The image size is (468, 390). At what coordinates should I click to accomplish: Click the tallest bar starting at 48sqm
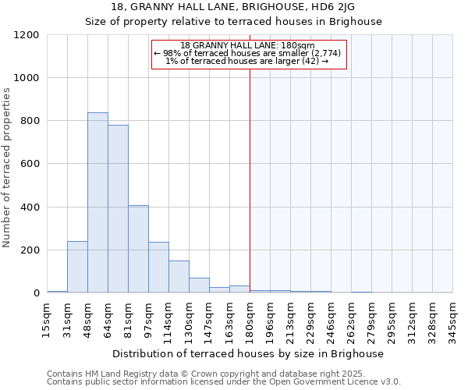click(x=97, y=203)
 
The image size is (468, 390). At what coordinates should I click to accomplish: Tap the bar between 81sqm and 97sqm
click(x=138, y=249)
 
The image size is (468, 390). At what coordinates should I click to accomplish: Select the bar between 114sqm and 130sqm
click(x=179, y=277)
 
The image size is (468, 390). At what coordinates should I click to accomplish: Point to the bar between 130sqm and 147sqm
click(x=199, y=285)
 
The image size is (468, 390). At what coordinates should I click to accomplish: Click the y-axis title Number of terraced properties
click(x=7, y=168)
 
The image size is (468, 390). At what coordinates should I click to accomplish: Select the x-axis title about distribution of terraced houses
click(x=249, y=353)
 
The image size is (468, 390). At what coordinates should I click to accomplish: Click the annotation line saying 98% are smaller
click(x=249, y=53)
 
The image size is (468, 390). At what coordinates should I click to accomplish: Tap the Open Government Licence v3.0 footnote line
click(x=224, y=382)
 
